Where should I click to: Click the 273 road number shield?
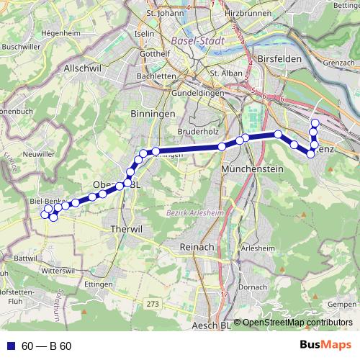pyautogui.click(x=152, y=305)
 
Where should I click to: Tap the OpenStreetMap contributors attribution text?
pyautogui.click(x=297, y=323)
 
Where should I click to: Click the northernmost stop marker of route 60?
pyautogui.click(x=315, y=123)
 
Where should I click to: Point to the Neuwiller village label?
pyautogui.click(x=39, y=154)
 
